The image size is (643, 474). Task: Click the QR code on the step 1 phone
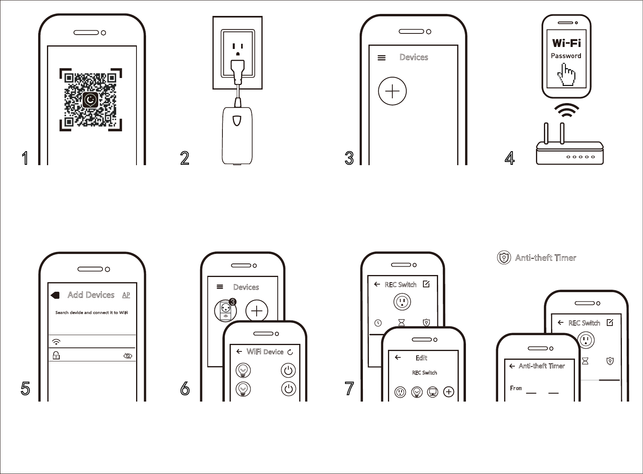click(91, 100)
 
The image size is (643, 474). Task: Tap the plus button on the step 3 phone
click(392, 91)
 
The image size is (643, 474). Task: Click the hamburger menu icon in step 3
click(381, 58)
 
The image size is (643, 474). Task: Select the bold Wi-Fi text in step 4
click(566, 43)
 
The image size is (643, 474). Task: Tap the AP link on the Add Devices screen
click(126, 295)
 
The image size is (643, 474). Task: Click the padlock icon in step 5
click(56, 355)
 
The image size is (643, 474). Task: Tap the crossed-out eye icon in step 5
click(128, 356)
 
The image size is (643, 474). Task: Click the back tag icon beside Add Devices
click(55, 295)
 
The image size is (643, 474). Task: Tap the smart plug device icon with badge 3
click(226, 311)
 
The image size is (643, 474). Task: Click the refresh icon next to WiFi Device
click(290, 352)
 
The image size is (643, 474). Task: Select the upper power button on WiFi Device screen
click(288, 371)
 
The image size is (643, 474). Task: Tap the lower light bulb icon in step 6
click(243, 389)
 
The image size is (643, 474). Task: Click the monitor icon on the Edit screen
click(433, 392)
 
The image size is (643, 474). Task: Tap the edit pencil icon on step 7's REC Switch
click(426, 284)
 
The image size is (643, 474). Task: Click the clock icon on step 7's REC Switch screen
click(378, 323)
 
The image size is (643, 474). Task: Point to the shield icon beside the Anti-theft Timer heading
click(504, 258)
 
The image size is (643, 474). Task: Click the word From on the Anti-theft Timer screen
click(516, 388)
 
